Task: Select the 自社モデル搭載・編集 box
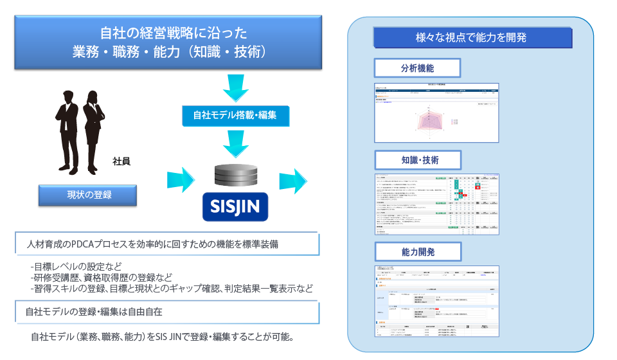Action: (x=235, y=116)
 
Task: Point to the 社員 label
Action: (x=121, y=161)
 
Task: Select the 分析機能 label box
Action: (x=416, y=67)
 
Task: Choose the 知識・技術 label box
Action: (x=416, y=159)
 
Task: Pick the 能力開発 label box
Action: (x=416, y=251)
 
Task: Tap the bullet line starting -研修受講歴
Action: (x=102, y=278)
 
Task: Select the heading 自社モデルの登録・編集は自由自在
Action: (x=94, y=312)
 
